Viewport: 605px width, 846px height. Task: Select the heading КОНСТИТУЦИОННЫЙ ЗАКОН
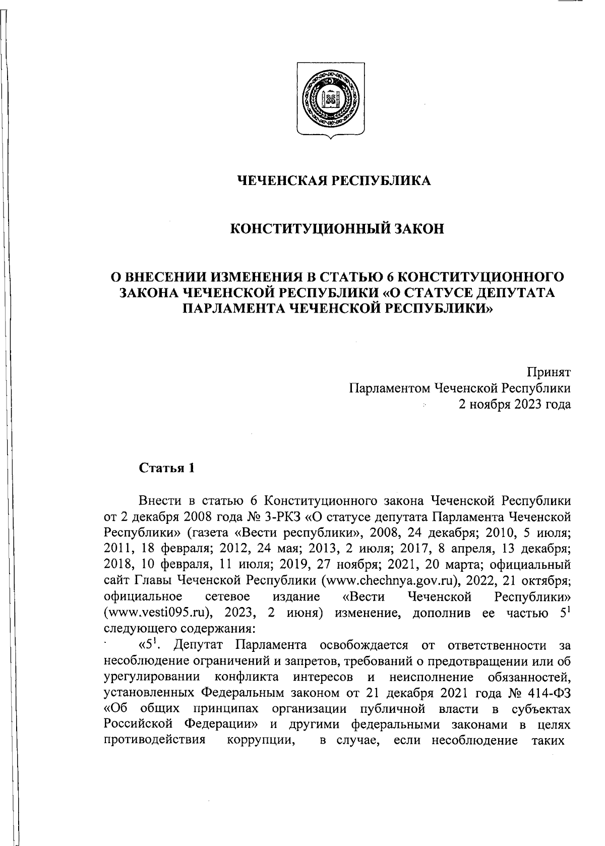pyautogui.click(x=337, y=229)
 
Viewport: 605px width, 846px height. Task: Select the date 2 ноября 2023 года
pyautogui.click(x=514, y=404)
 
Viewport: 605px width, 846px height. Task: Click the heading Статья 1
pyautogui.click(x=166, y=468)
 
